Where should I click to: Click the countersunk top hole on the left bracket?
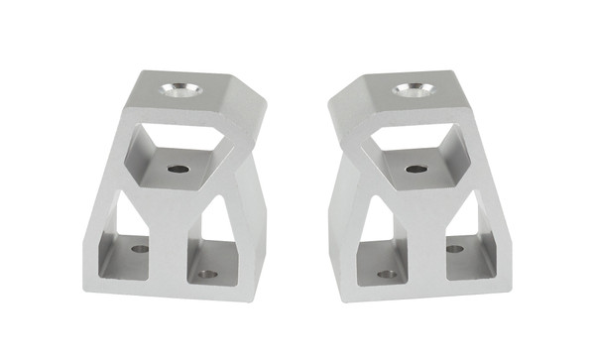point(184,91)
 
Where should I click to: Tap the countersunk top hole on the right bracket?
point(412,90)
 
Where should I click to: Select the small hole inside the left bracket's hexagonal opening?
point(178,169)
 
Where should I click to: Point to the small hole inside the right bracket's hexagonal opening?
point(416,169)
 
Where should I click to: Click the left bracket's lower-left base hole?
point(140,248)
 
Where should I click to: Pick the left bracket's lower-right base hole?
point(206,274)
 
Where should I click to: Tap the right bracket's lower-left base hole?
point(388,274)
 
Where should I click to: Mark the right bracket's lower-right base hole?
point(454,248)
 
